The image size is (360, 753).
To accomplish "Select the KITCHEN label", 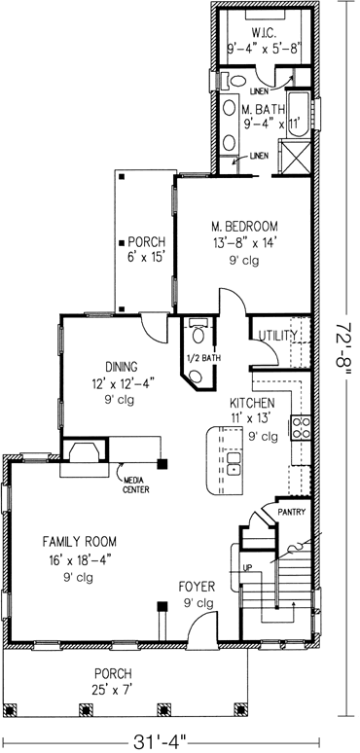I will [251, 403].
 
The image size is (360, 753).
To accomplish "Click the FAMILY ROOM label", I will [66, 541].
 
